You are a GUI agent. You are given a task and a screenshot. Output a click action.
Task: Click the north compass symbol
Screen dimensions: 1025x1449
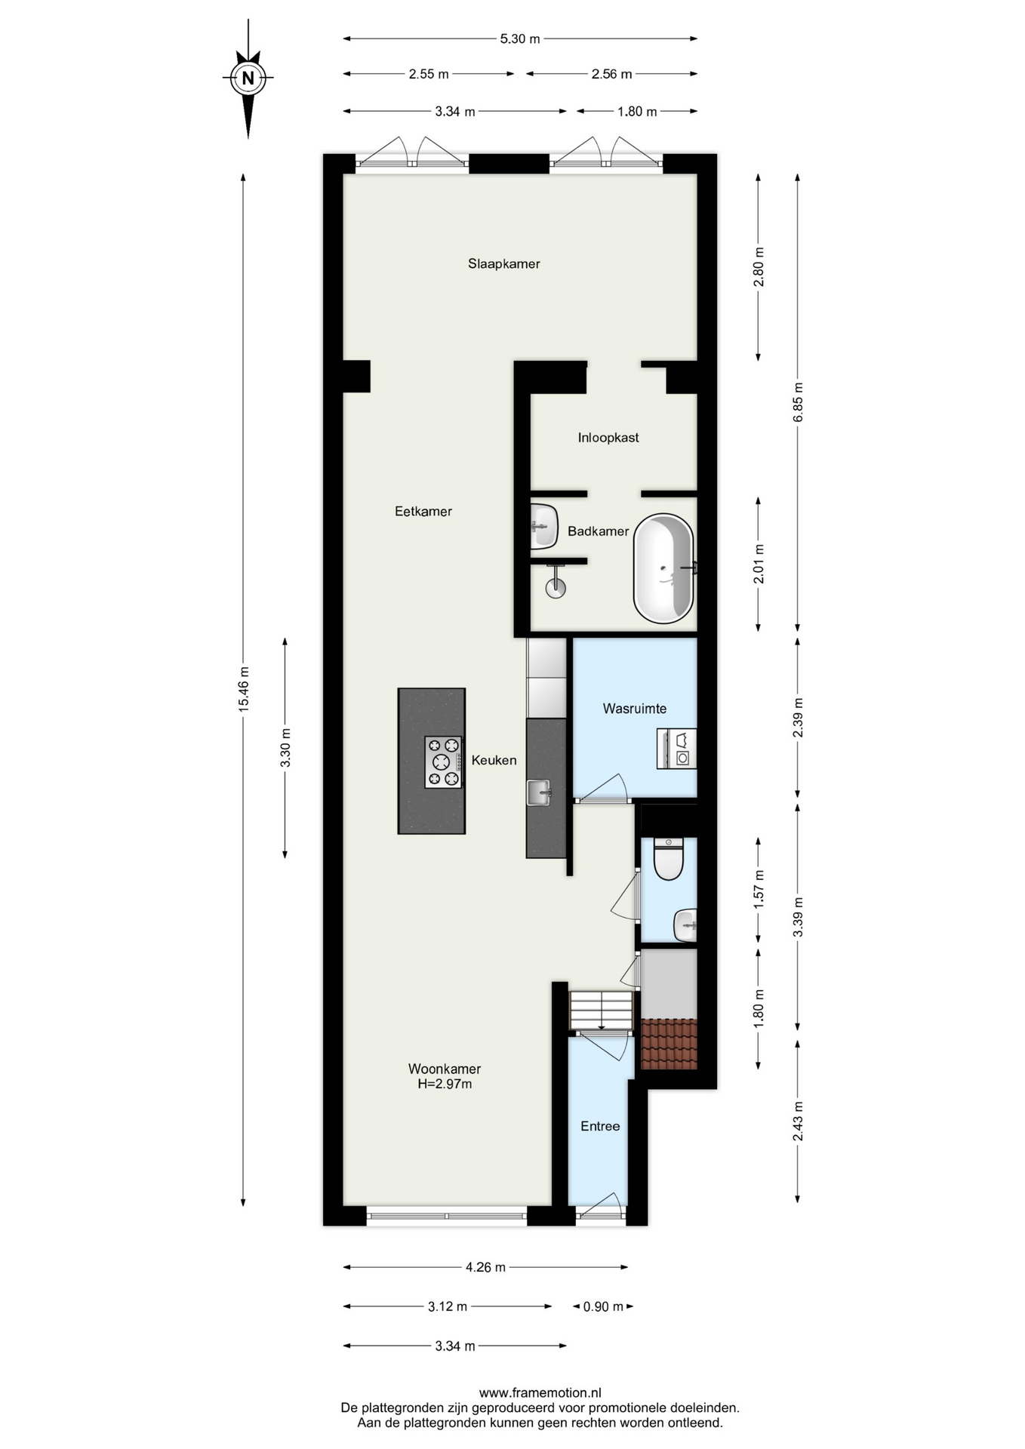248,78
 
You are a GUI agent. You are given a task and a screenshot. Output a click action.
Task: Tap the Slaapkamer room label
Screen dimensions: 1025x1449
503,264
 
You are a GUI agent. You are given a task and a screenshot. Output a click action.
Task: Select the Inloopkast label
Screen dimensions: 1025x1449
608,438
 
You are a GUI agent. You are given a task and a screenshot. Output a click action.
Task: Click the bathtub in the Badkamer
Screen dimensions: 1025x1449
663,568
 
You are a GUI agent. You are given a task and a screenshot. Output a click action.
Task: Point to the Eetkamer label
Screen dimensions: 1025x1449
423,512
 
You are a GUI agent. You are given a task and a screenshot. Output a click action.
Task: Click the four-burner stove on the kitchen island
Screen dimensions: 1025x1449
443,762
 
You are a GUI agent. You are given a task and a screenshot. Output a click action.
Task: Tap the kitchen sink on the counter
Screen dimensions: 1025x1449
539,792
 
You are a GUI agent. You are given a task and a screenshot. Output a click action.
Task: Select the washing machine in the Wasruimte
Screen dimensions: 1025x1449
676,749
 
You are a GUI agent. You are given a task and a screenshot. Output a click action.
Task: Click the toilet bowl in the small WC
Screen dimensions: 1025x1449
669,859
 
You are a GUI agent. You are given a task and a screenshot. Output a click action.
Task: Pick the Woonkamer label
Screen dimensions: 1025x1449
445,1069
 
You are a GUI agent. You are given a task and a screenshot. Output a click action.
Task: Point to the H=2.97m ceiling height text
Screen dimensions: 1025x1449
445,1084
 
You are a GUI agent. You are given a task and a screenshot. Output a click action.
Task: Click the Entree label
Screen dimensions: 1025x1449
600,1126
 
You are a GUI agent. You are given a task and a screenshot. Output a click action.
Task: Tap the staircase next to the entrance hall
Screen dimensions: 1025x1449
601,1011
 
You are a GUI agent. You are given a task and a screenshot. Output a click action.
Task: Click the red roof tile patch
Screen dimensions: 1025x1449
669,1044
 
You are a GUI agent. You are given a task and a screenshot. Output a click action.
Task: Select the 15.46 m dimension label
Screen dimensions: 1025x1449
243,689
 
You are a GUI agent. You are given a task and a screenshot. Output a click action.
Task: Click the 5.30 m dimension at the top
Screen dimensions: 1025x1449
520,38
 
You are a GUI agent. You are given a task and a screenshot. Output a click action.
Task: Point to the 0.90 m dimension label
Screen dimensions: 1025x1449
603,1306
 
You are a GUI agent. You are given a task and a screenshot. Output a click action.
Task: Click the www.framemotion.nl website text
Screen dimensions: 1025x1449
540,1393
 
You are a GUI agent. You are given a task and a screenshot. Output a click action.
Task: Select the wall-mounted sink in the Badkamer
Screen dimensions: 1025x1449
543,525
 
